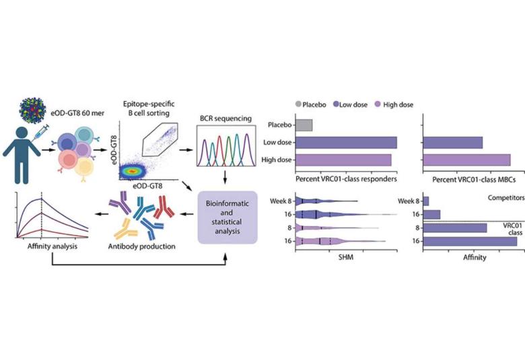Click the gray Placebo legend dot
[x=298, y=105]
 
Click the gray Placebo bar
[x=304, y=125]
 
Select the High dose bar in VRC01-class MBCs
[x=466, y=160]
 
